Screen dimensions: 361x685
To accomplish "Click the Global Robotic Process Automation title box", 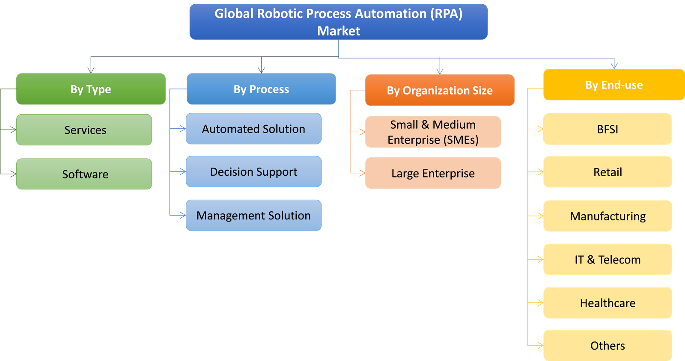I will (338, 22).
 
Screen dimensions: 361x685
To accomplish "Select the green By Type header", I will (91, 89).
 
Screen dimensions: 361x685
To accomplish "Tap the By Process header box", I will (261, 89).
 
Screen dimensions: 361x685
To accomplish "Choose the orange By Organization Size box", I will (440, 90).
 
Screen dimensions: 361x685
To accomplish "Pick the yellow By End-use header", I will (614, 85).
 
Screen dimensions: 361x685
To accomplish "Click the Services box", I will (84, 130).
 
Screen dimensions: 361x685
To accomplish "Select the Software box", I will (84, 174).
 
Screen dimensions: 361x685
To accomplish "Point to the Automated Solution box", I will (253, 129).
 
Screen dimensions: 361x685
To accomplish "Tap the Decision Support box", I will (253, 172).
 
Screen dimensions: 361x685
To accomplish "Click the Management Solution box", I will (253, 215).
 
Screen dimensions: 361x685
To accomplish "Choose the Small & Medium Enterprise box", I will (433, 132).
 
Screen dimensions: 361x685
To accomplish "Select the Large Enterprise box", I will (433, 173).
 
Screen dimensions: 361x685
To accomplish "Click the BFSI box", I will (608, 129).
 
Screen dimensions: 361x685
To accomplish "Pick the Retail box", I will (608, 172).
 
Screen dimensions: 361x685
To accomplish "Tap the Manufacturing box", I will (608, 216).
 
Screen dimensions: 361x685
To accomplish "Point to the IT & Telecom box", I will (608, 260).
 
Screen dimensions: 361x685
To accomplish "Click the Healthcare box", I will (608, 303).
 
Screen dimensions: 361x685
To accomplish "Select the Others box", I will (608, 345).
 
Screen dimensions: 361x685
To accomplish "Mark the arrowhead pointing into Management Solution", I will (183, 215).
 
